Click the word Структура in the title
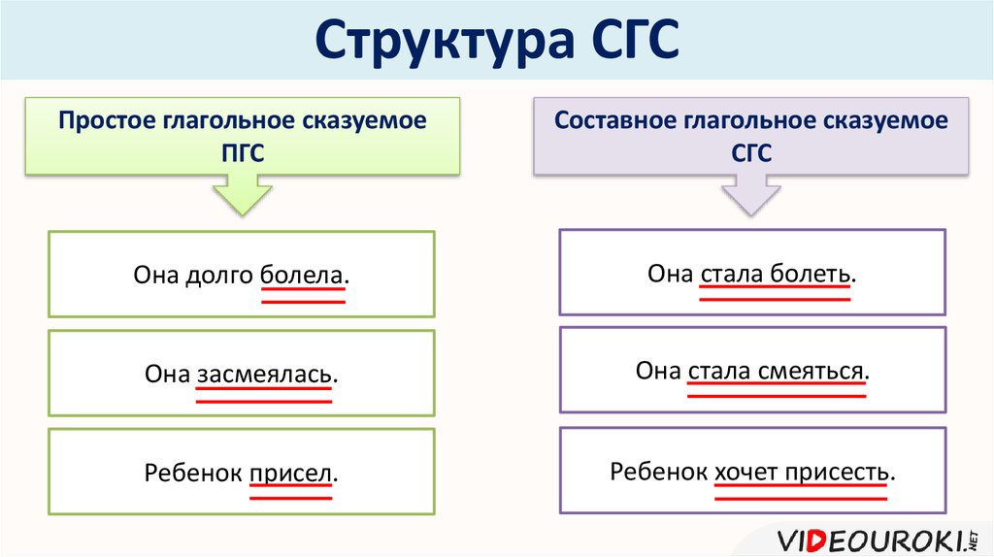(x=444, y=41)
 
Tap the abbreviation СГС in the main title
(x=635, y=39)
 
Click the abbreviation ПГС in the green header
(x=242, y=152)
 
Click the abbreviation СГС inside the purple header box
(x=751, y=152)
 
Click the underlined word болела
(x=302, y=275)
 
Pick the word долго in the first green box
(x=219, y=277)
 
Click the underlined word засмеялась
(x=264, y=374)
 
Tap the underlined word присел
(x=291, y=474)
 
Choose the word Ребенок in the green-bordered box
(x=193, y=473)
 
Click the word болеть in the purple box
(x=810, y=274)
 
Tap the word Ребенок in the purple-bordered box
(x=659, y=472)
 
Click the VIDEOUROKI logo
(x=877, y=541)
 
